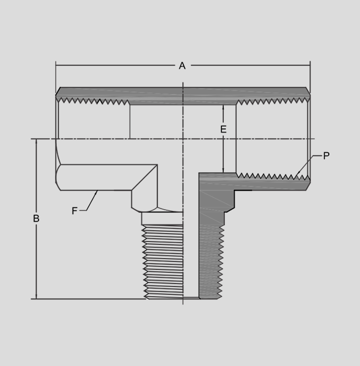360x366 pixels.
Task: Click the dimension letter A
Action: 182,66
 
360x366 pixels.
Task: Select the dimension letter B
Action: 36,218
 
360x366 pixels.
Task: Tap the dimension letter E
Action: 223,129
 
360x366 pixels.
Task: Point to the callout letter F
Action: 74,211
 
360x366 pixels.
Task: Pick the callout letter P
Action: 326,156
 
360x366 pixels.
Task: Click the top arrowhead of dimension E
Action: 223,107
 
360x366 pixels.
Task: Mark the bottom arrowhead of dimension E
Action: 223,170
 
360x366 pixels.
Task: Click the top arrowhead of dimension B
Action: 36,142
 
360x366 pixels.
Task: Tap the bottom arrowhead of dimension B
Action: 36,296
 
